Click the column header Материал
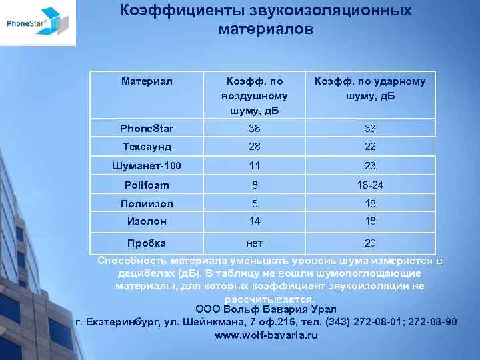[x=147, y=81]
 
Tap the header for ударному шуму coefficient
[x=370, y=88]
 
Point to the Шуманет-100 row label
[x=147, y=165]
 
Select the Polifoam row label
[x=147, y=185]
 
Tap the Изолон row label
[x=147, y=221]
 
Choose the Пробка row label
[x=147, y=243]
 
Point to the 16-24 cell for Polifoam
[x=370, y=185]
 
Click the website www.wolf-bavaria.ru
[x=266, y=335]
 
